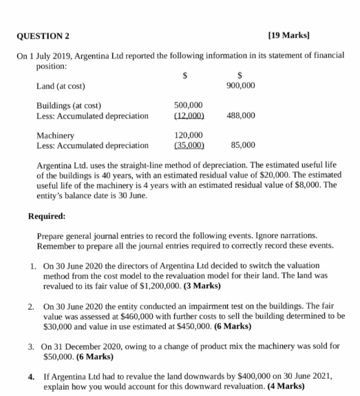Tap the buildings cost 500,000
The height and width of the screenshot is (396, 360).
tap(189, 105)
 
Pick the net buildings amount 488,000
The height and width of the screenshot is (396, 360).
tap(240, 116)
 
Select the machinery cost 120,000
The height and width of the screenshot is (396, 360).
tap(189, 136)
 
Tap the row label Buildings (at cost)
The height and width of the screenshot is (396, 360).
tap(69, 105)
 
